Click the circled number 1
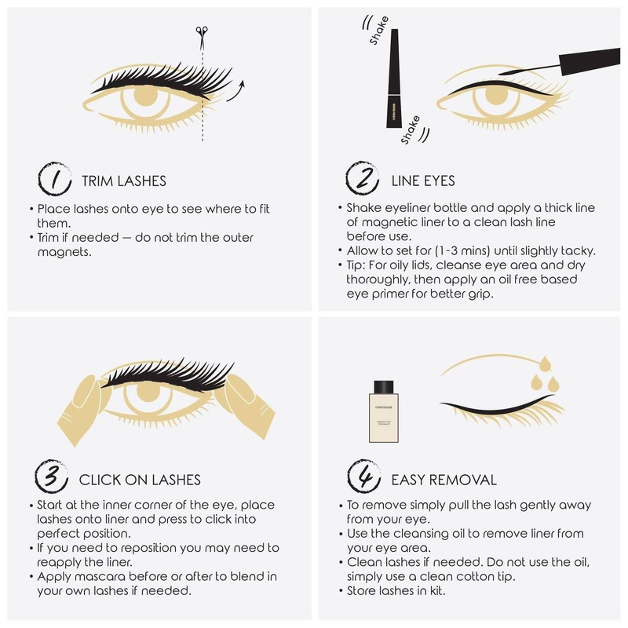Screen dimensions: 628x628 coord(52,180)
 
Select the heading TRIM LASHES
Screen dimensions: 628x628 coord(124,181)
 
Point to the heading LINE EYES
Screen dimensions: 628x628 coord(423,181)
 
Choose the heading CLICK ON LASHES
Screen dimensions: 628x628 coord(140,479)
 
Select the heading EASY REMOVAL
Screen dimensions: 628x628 coord(444,479)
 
